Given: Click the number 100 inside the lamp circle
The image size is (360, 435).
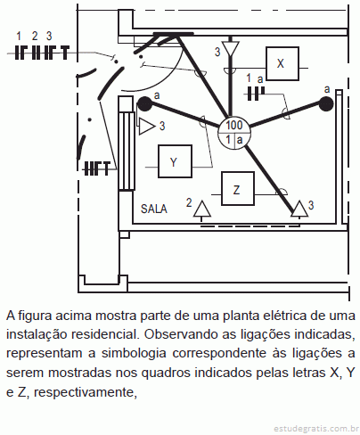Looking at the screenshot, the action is coord(234,125).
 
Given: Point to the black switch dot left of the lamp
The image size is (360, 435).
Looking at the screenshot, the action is coord(144,104).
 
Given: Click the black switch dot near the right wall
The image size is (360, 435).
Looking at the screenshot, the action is coord(326,104).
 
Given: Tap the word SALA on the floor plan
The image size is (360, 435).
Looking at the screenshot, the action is coord(154,209).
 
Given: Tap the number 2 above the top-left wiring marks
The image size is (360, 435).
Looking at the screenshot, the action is coord(35,37).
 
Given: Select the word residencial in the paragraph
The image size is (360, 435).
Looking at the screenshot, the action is coord(105,335).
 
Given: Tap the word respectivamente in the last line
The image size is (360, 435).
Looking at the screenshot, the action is coord(86,392).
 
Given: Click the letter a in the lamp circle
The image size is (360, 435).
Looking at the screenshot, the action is coord(240,140).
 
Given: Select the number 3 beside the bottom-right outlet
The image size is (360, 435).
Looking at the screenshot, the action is coord(311,205).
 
